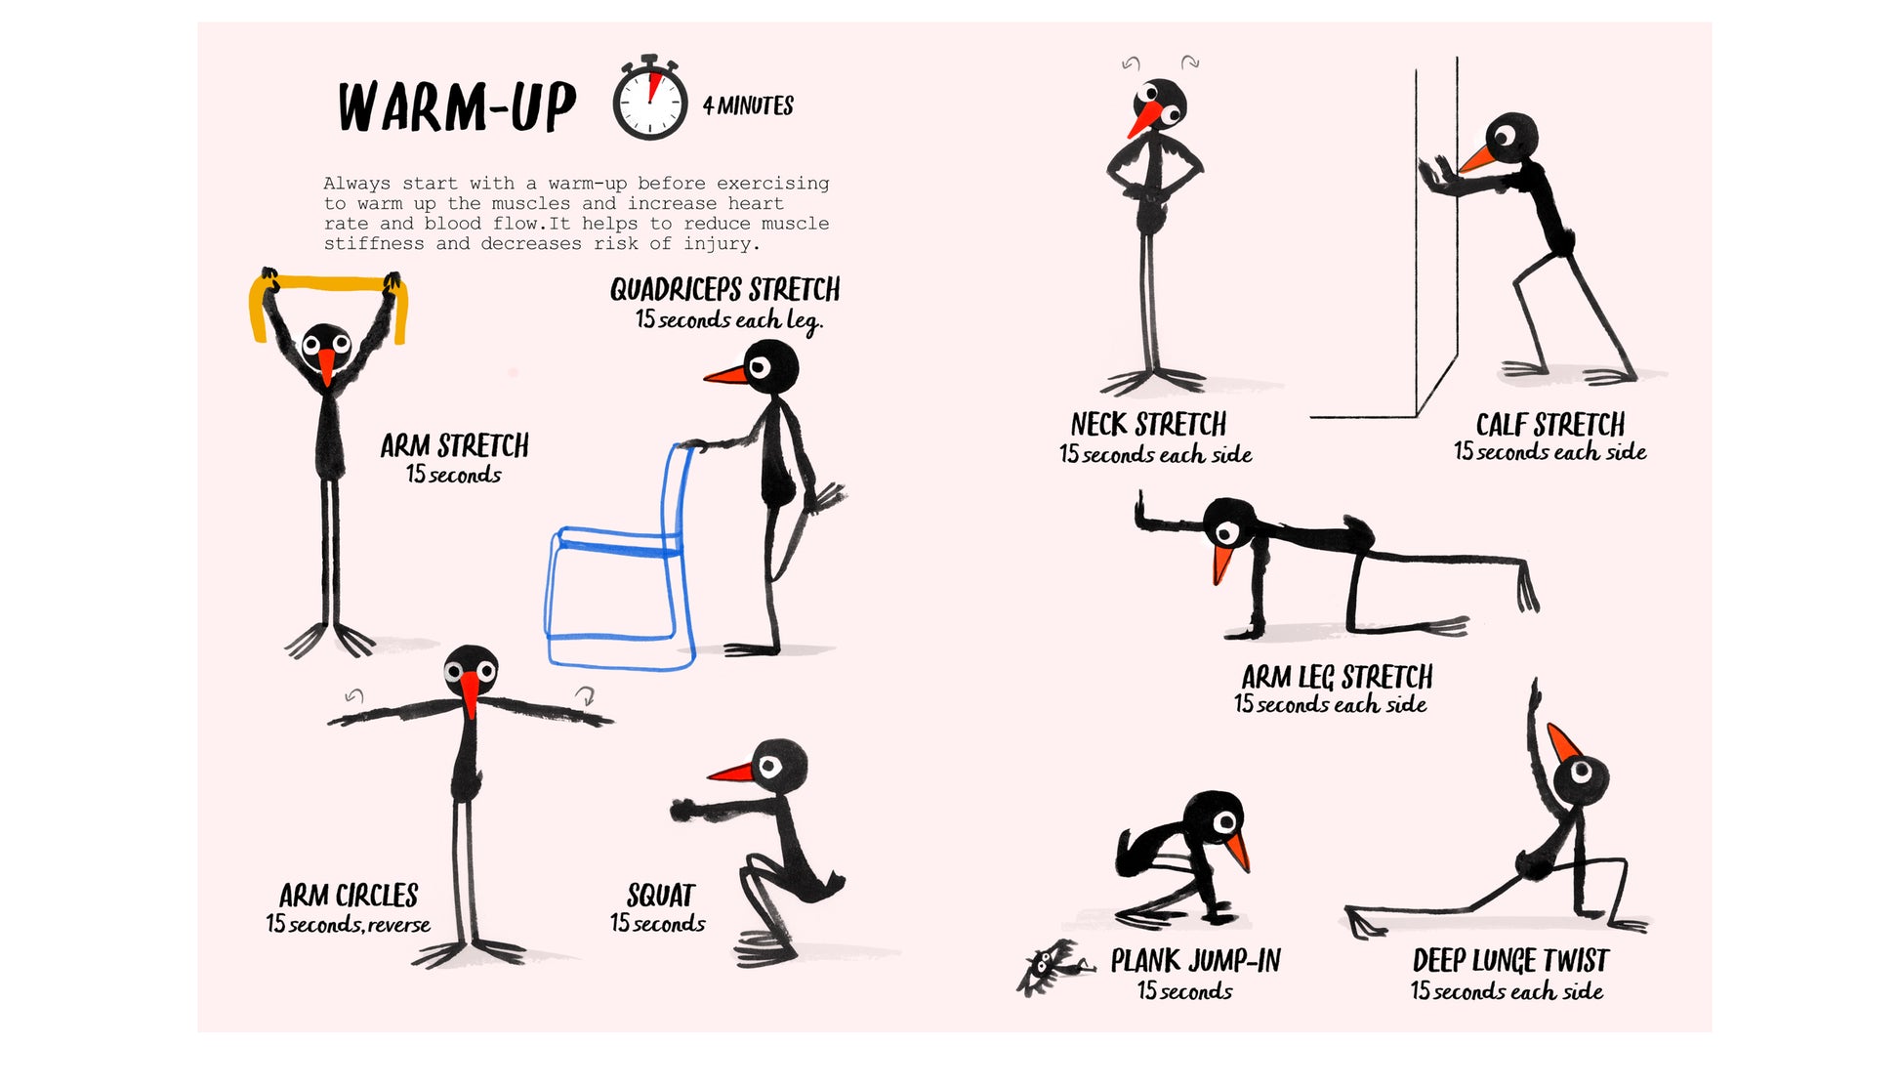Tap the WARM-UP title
pos(457,106)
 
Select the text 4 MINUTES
pos(748,105)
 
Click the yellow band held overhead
pos(328,293)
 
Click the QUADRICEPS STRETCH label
pos(724,289)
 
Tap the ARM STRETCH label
pos(454,446)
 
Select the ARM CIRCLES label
pos(349,896)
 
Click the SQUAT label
pos(661,896)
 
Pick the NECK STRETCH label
pos(1148,424)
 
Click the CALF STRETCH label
pos(1549,425)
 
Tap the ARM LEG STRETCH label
pos(1337,677)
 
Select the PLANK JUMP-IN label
pos(1195,961)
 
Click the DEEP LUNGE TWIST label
pos(1509,961)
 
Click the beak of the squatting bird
pos(731,773)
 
